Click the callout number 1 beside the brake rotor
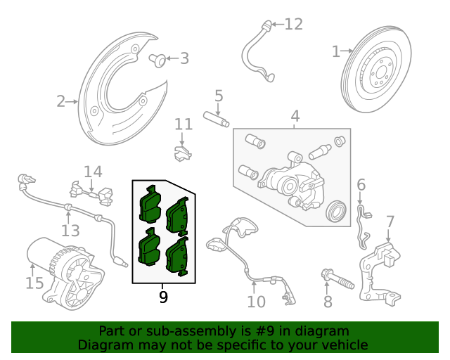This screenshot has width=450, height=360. pyautogui.click(x=335, y=51)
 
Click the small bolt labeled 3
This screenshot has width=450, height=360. pyautogui.click(x=159, y=60)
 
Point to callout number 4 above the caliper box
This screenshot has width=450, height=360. pyautogui.click(x=295, y=116)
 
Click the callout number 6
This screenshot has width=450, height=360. pyautogui.click(x=361, y=185)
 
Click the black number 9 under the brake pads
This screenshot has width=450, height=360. pyautogui.click(x=163, y=297)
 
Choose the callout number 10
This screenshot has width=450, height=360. pyautogui.click(x=256, y=302)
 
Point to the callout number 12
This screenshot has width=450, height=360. pyautogui.click(x=293, y=25)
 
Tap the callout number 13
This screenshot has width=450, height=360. pyautogui.click(x=70, y=230)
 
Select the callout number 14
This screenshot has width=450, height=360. pyautogui.click(x=93, y=171)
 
